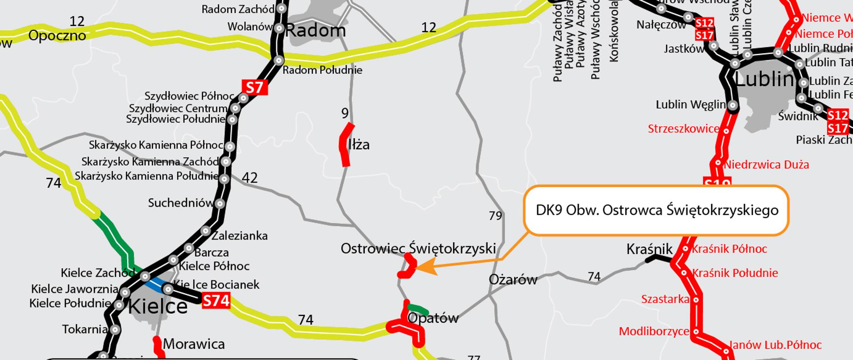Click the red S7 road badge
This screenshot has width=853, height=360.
(255, 88)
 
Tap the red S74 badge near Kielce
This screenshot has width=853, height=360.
(216, 301)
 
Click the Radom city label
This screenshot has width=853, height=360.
(315, 31)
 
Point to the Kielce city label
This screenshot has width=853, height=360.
(158, 307)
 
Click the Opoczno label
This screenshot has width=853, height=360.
(57, 35)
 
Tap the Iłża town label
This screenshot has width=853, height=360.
(359, 145)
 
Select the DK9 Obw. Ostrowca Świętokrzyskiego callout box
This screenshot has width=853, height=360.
(657, 210)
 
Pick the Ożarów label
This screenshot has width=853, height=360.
(513, 280)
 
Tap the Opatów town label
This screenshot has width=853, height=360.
(433, 318)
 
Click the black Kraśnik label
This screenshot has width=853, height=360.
(649, 249)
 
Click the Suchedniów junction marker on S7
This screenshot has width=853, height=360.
(219, 204)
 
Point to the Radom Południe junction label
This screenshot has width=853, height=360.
(323, 70)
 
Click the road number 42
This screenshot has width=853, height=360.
(250, 178)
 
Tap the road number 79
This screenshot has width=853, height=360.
(495, 216)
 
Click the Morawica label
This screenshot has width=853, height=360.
(194, 344)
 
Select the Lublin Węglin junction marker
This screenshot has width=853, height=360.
(733, 106)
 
